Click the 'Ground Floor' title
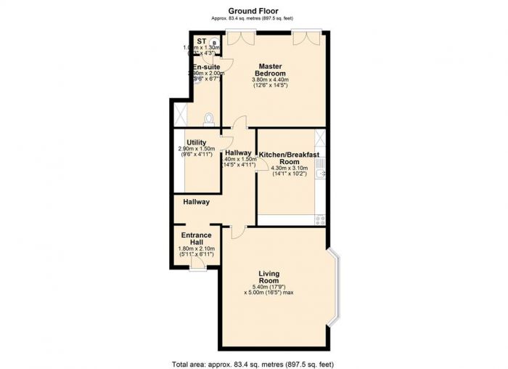(253, 10)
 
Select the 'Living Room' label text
(269, 277)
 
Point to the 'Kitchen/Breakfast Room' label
(290, 158)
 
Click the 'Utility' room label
(196, 142)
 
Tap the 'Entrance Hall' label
(196, 239)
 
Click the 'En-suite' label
(206, 67)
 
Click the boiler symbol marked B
(214, 43)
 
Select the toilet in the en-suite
(210, 118)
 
